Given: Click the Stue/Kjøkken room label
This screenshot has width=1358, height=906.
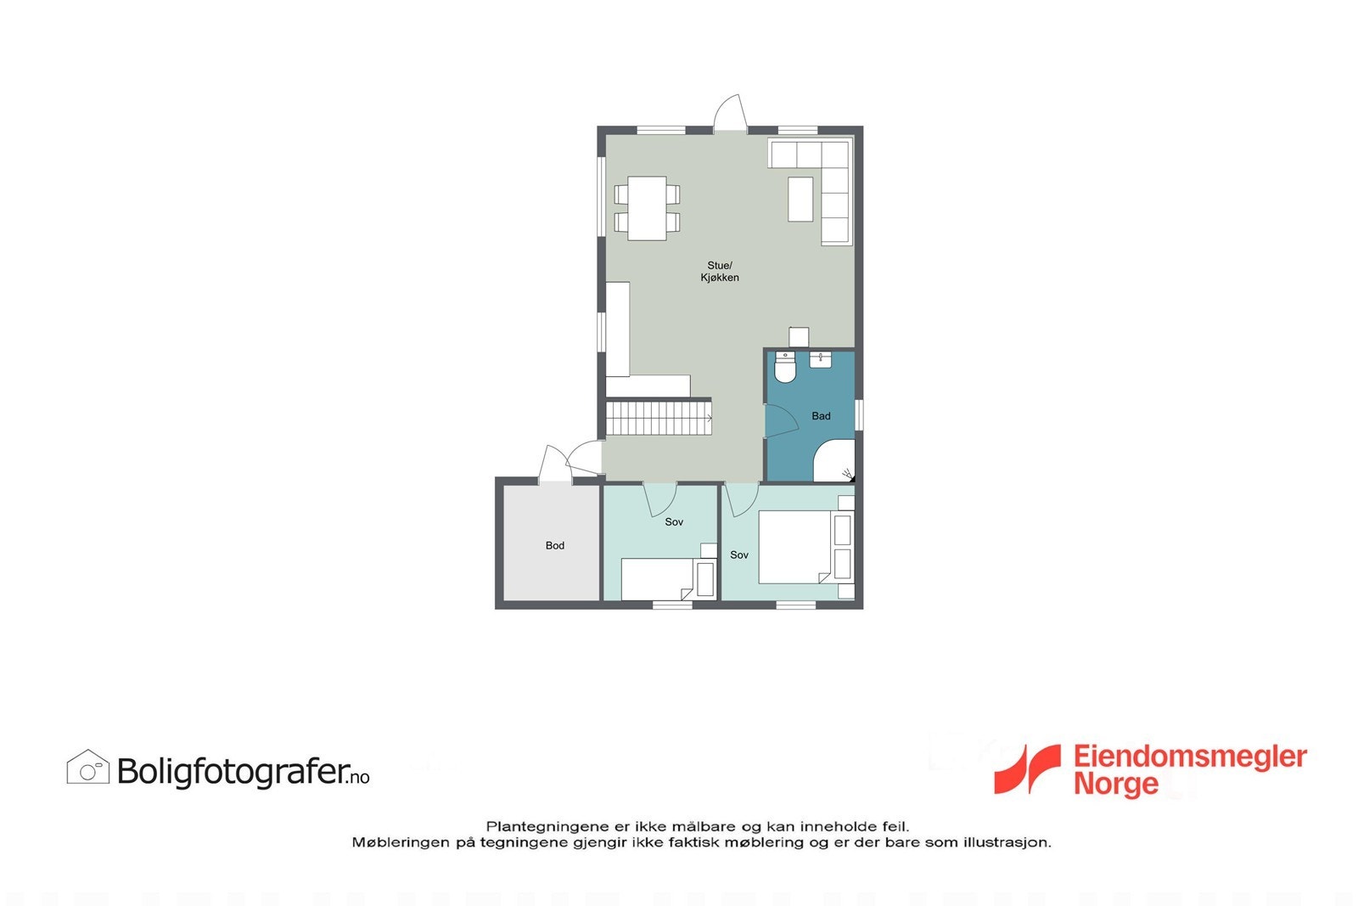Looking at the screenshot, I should (719, 272).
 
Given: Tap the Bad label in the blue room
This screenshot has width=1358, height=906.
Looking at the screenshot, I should (821, 416).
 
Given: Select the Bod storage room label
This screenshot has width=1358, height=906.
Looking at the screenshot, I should (554, 546).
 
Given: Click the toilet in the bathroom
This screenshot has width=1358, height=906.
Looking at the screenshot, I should (784, 369).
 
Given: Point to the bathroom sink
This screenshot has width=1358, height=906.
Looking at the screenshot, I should (820, 359).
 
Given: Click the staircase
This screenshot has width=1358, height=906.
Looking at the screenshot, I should (658, 418).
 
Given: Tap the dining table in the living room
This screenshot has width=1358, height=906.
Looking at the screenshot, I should (647, 208).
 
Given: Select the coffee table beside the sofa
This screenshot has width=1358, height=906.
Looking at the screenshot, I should (800, 199).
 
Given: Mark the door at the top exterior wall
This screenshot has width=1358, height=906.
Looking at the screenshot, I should (730, 116).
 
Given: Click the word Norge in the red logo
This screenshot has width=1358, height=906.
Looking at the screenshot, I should (1115, 784).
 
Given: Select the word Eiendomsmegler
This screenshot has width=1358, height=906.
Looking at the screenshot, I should (1190, 757).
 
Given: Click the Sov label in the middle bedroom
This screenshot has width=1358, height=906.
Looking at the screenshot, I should (674, 522).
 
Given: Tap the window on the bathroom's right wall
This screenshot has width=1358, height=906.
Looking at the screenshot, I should (859, 415).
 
